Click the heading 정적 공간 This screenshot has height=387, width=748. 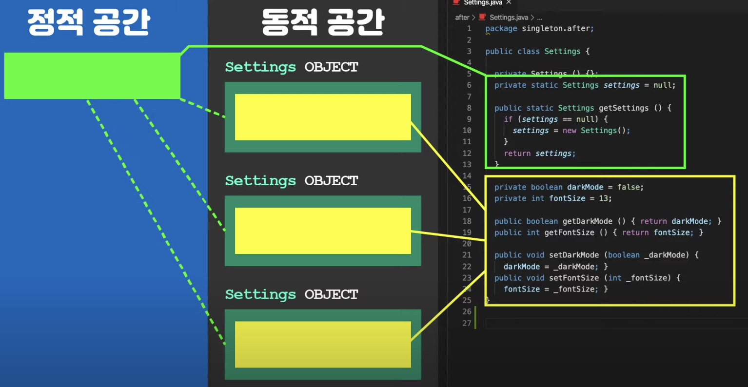[88, 22]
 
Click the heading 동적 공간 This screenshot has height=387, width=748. [323, 22]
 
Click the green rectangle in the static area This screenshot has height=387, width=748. [92, 76]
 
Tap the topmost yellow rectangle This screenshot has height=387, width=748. [323, 117]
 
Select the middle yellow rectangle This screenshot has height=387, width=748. [323, 231]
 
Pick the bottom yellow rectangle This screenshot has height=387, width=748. [323, 344]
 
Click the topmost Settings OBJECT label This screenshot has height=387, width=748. [292, 67]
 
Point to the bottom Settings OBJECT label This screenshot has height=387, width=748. [292, 294]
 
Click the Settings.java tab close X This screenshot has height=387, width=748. [509, 2]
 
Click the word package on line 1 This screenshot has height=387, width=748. [501, 29]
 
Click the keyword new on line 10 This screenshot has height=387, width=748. [570, 131]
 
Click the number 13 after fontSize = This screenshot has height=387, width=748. [604, 198]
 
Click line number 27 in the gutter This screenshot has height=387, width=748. [467, 323]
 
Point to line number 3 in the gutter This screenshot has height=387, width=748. [469, 51]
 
